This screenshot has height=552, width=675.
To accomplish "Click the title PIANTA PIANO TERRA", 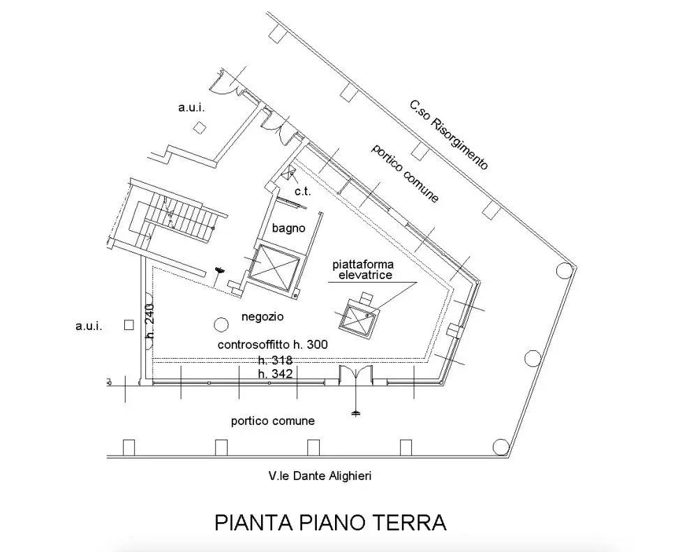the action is coord(330,522).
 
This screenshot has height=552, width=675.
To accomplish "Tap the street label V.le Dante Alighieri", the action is coord(320,476).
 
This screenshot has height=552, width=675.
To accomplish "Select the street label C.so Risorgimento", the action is coord(449,135).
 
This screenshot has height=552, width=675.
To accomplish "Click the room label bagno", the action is coord(288,228).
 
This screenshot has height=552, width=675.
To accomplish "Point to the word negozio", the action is coord(262,317).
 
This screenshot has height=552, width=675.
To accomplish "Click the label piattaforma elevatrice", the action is coord(363,270).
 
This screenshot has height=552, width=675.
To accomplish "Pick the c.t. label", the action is coord(303,191).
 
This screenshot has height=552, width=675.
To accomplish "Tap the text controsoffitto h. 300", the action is coord(272,344).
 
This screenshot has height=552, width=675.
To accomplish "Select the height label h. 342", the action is coord(276,373).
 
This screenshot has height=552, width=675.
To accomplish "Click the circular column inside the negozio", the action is coord(221,324).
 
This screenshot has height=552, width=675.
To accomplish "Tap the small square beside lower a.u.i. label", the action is coord(128,325).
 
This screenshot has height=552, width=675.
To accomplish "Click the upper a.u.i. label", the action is coord(191,107).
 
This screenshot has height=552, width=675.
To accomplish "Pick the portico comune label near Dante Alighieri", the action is coord(272,420).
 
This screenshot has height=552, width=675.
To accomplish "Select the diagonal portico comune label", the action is coord(405,173).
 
